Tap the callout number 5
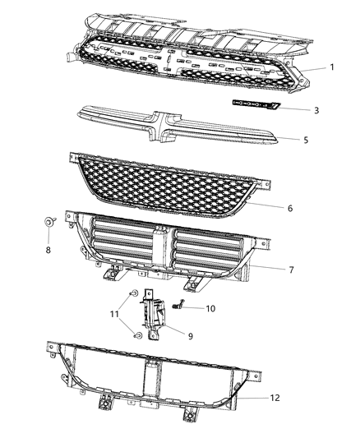click(305, 141)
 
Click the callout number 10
click(210, 309)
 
